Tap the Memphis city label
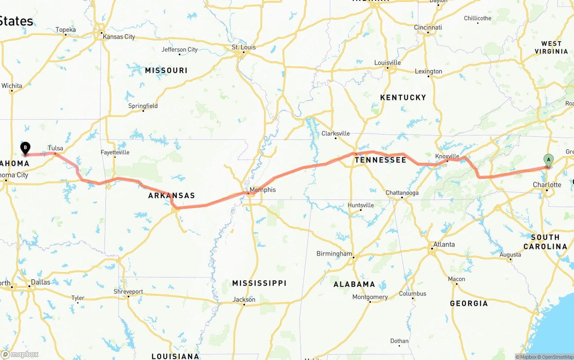point(263,190)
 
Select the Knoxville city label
point(447,156)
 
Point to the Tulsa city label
point(56,148)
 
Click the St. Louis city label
point(244,47)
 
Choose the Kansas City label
point(119,36)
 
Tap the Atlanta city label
point(444,244)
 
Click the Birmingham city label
point(335,253)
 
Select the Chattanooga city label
point(402,193)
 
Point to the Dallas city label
point(41,282)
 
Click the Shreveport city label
point(128,291)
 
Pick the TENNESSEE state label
point(380,160)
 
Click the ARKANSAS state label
point(172,195)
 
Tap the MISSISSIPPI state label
point(259,283)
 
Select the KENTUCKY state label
point(403,97)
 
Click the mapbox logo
point(20,354)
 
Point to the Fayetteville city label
point(115,152)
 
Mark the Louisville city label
point(387,62)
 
